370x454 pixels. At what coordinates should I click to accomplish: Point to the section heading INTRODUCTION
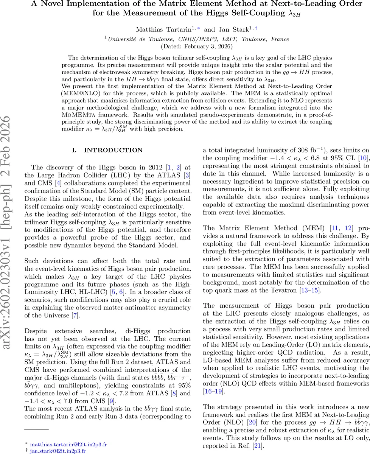click(x=113, y=151)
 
